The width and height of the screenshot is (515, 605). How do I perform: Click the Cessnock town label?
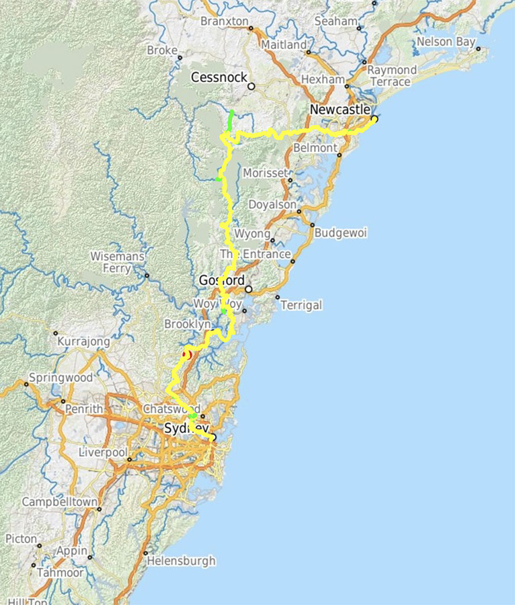(x=219, y=77)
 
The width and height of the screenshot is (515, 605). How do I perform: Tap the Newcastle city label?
(x=340, y=110)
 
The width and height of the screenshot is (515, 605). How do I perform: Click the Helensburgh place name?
(x=182, y=561)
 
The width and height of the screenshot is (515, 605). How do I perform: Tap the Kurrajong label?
(x=84, y=341)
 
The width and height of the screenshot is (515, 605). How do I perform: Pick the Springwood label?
(x=61, y=378)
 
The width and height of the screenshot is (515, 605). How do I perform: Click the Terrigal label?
(x=301, y=305)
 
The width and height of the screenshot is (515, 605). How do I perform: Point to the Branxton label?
(x=225, y=21)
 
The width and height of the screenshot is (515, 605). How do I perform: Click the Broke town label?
(x=162, y=50)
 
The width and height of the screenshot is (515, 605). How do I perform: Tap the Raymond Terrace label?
(x=392, y=75)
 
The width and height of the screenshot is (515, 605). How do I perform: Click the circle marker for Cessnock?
(x=251, y=86)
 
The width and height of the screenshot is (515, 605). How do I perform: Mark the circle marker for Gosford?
(x=248, y=289)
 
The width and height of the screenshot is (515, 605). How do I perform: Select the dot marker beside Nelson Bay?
(x=478, y=48)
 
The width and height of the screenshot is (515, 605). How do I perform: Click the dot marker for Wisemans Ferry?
(x=147, y=275)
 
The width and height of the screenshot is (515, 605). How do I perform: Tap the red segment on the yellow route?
(x=187, y=354)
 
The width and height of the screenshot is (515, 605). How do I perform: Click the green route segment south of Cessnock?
(x=231, y=122)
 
